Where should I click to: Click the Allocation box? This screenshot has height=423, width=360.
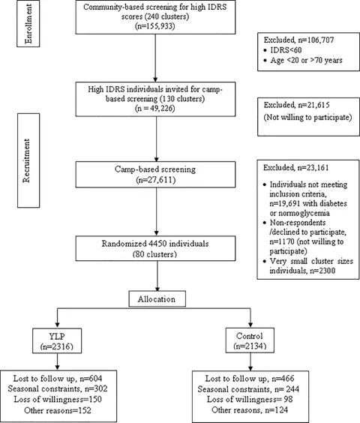pyautogui.click(x=157, y=298)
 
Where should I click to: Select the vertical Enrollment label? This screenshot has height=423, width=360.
pyautogui.click(x=28, y=24)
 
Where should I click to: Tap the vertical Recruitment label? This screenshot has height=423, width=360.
pyautogui.click(x=26, y=160)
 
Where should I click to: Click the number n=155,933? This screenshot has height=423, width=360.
pyautogui.click(x=155, y=26)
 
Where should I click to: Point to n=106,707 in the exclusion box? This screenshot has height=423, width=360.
pyautogui.click(x=316, y=40)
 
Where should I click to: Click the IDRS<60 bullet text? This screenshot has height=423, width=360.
pyautogui.click(x=286, y=50)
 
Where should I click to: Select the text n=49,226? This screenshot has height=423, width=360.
pyautogui.click(x=155, y=108)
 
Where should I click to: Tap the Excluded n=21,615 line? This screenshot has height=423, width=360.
pyautogui.click(x=296, y=105)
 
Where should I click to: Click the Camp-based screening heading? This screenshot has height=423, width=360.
pyautogui.click(x=155, y=169)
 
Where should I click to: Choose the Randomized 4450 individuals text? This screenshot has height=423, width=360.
pyautogui.click(x=155, y=244)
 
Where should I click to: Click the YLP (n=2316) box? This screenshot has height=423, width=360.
pyautogui.click(x=57, y=340)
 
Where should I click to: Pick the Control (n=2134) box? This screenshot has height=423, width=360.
pyautogui.click(x=250, y=340)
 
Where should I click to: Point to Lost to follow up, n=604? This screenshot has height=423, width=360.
pyautogui.click(x=58, y=379)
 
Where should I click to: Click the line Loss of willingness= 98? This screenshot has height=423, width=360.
pyautogui.click(x=250, y=399)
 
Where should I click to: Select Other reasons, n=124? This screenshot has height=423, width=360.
pyautogui.click(x=250, y=410)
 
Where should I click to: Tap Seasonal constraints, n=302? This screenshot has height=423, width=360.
pyautogui.click(x=58, y=388)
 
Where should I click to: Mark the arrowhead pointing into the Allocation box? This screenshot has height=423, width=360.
pyautogui.click(x=157, y=289)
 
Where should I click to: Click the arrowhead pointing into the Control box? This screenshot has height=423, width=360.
pyautogui.click(x=250, y=325)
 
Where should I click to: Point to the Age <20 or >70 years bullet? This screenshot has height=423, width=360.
pyautogui.click(x=306, y=60)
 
